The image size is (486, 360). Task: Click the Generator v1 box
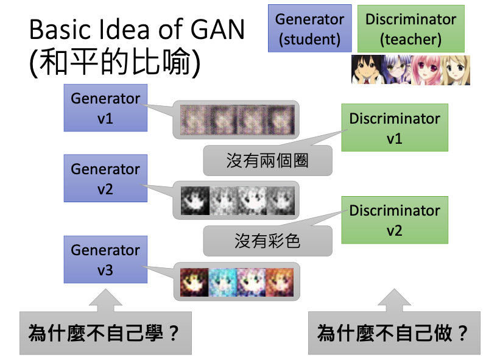click(x=105, y=108)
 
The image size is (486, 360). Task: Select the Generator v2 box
click(x=105, y=179)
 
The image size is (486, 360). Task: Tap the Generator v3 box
click(x=105, y=260)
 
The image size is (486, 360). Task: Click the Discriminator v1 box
click(x=394, y=129)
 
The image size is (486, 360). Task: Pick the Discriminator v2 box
click(x=394, y=221)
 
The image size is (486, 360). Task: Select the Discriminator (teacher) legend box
click(x=410, y=29)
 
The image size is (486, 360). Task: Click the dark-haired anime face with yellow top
click(x=366, y=69)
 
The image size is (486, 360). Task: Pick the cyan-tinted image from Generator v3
click(x=223, y=283)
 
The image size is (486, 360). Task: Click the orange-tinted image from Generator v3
click(x=280, y=283)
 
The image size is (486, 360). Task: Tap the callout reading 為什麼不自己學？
click(x=105, y=333)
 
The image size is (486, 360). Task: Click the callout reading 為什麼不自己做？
click(x=393, y=333)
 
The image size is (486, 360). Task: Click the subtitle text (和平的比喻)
click(x=114, y=63)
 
